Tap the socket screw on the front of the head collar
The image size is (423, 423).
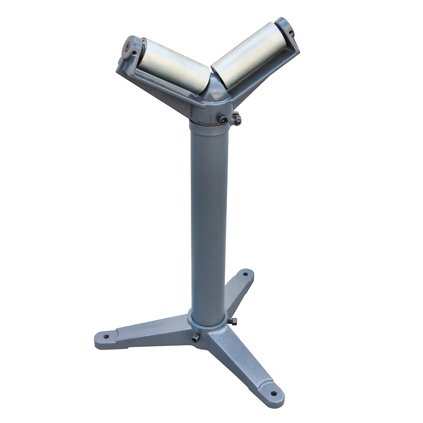point(223,120)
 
